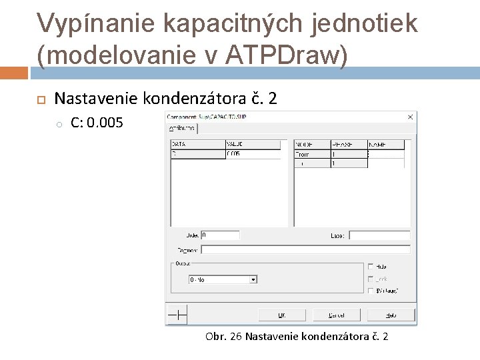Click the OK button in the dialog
click(x=281, y=314)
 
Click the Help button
click(x=391, y=314)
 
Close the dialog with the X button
click(x=409, y=117)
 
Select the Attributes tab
click(x=182, y=128)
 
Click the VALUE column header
click(x=253, y=144)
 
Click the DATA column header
click(x=197, y=144)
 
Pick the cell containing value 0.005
click(x=253, y=154)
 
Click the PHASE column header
click(x=349, y=144)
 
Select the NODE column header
click(x=312, y=144)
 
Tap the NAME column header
click(x=386, y=144)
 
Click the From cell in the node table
click(x=312, y=154)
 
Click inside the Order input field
click(x=220, y=235)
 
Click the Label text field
click(x=379, y=235)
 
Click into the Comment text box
click(x=305, y=249)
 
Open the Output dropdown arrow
click(x=253, y=280)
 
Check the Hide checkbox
click(x=371, y=267)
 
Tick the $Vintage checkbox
click(x=371, y=291)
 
